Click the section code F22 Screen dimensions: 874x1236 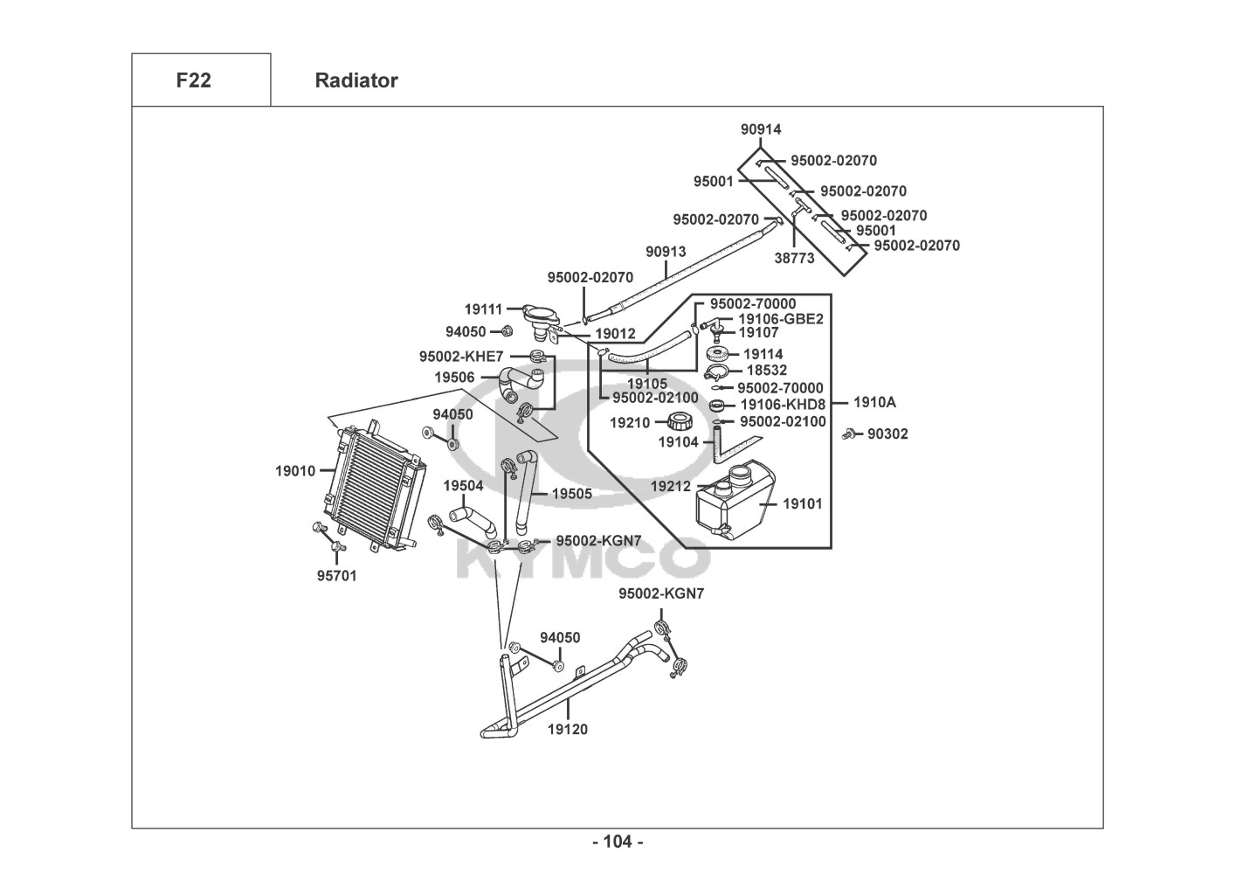(x=193, y=80)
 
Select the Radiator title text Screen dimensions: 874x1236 (x=356, y=80)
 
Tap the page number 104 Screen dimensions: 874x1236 (x=618, y=842)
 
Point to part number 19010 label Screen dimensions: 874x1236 (x=295, y=471)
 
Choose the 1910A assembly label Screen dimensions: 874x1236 (x=874, y=403)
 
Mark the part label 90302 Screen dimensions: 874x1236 (x=887, y=434)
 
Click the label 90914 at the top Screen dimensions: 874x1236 (x=761, y=129)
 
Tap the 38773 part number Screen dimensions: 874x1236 (x=794, y=259)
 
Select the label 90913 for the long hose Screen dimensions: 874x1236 (x=666, y=252)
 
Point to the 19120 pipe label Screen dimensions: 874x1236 (x=568, y=729)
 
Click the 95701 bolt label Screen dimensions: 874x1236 (x=336, y=576)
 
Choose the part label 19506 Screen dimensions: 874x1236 (x=455, y=378)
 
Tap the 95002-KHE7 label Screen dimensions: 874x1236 (x=461, y=357)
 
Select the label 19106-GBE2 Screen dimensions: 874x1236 (x=781, y=319)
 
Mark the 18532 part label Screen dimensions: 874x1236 (x=766, y=371)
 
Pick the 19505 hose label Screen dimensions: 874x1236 (x=572, y=494)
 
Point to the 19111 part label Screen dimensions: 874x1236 (x=483, y=309)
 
